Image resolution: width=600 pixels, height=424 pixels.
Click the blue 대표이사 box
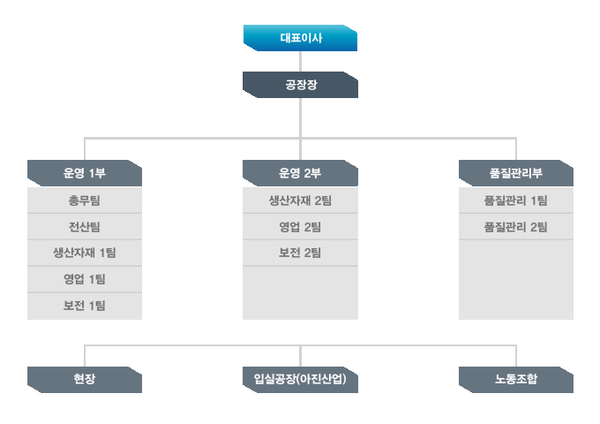point(300,38)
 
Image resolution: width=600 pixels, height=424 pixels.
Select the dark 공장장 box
point(300,85)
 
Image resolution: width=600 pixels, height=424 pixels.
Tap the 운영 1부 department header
point(85,173)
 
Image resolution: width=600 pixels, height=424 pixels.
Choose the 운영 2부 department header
point(300,173)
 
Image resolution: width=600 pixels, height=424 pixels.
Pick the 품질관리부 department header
point(516,173)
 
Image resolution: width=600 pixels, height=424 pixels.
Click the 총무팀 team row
point(85,201)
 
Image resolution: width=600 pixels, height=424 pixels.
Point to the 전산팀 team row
point(85,227)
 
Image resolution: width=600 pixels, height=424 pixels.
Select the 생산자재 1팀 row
point(85,253)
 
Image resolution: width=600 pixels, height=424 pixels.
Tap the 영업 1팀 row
point(85,279)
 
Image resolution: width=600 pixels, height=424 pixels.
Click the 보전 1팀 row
point(85,306)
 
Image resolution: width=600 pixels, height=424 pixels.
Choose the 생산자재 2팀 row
point(300,201)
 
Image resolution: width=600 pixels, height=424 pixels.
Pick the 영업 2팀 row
point(300,227)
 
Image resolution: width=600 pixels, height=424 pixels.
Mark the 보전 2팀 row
point(300,253)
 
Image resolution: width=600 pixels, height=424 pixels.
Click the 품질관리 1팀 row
point(516,201)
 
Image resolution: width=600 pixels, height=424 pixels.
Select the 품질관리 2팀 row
point(516,227)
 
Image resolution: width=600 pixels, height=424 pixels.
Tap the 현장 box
point(85,380)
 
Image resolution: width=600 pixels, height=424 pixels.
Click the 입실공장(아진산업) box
point(300,380)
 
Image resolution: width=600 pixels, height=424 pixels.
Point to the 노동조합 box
point(516,380)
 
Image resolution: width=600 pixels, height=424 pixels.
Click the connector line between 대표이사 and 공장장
point(300,61)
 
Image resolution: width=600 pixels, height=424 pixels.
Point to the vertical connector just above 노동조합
point(516,356)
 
